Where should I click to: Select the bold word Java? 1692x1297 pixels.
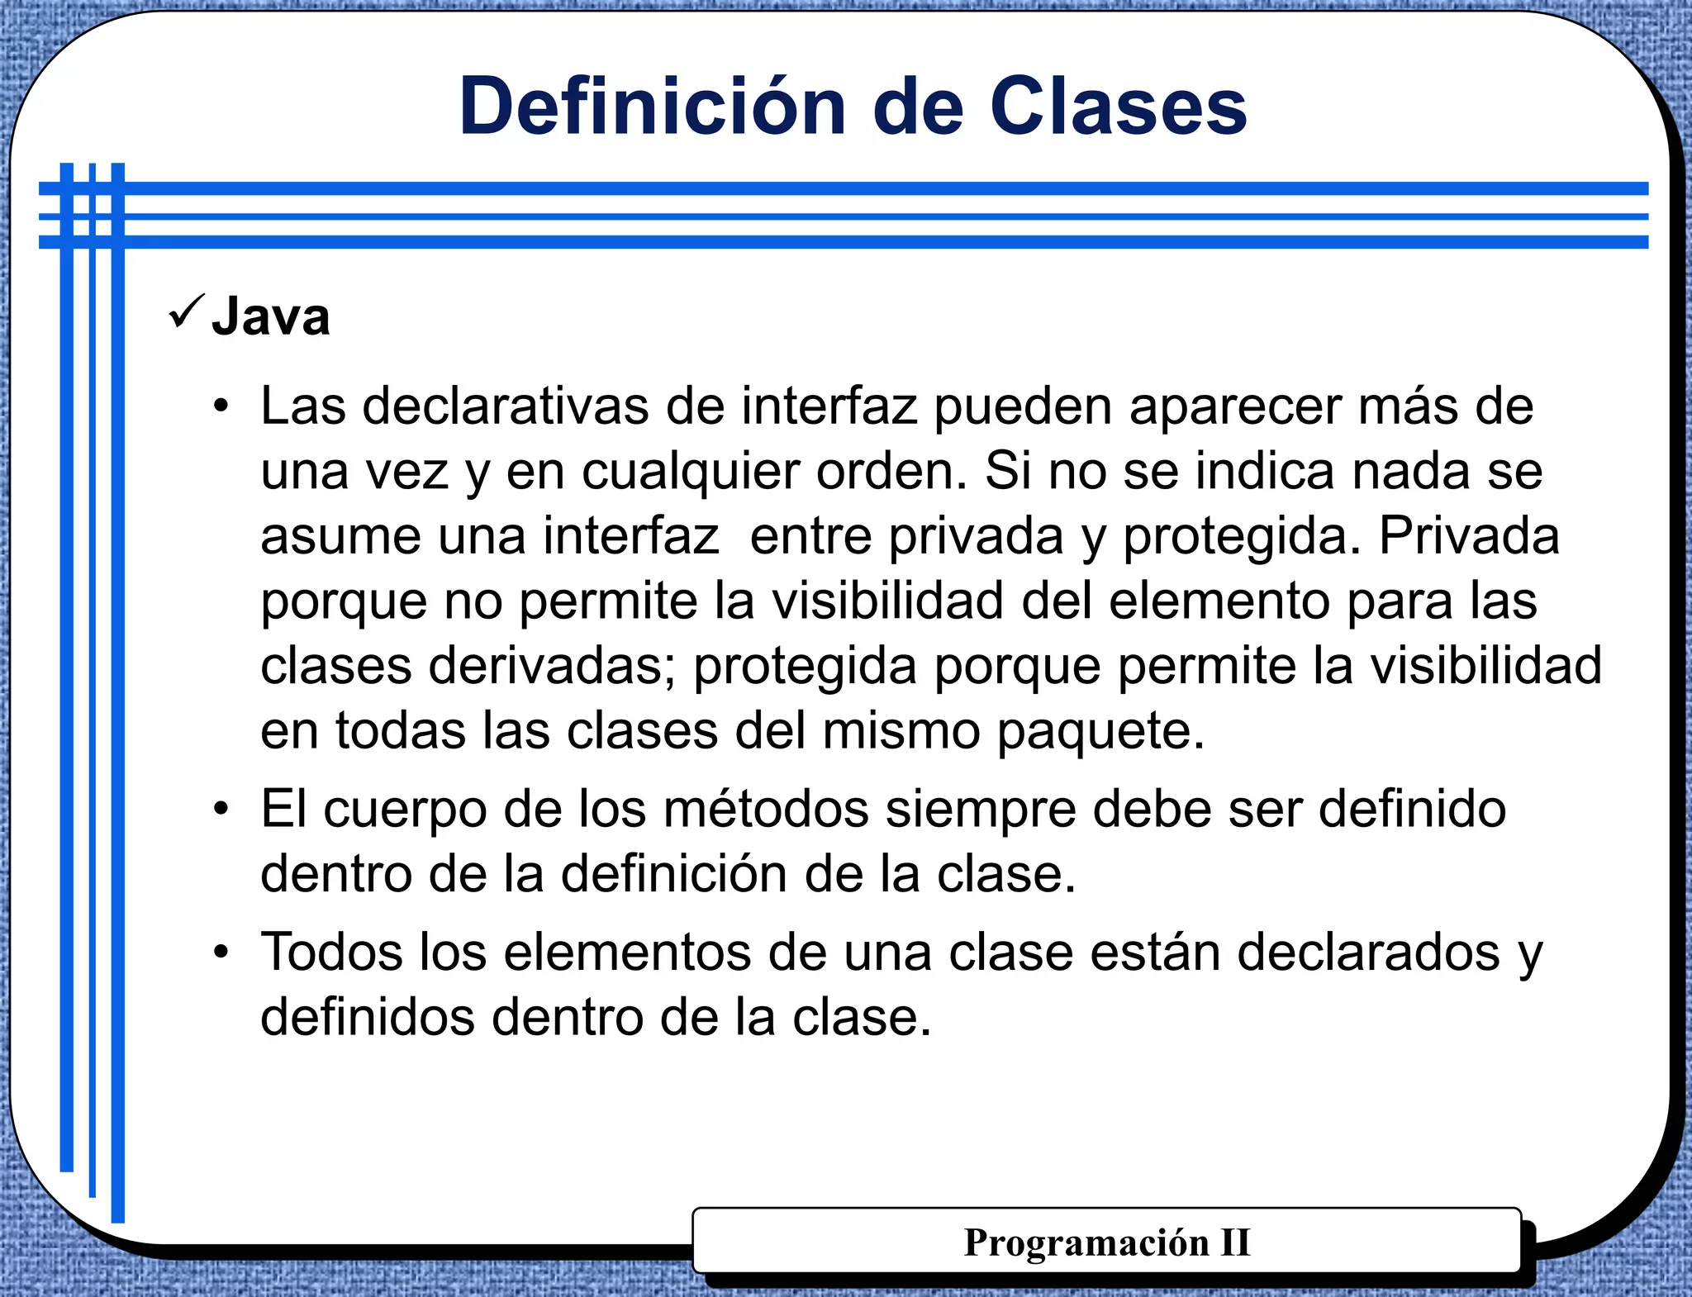pos(271,316)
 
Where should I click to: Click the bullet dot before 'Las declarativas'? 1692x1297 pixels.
pos(220,406)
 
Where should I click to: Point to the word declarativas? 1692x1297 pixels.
pos(505,406)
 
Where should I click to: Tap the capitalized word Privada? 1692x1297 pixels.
pos(1469,535)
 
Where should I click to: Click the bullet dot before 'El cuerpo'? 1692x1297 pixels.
pos(220,809)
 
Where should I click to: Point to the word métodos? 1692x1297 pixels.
pos(766,809)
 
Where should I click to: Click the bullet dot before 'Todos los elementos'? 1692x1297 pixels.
pos(220,953)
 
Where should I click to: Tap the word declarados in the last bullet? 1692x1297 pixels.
pos(1368,953)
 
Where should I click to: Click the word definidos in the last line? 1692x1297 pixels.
pos(368,1017)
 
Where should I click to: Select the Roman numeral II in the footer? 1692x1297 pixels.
pos(1235,1242)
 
